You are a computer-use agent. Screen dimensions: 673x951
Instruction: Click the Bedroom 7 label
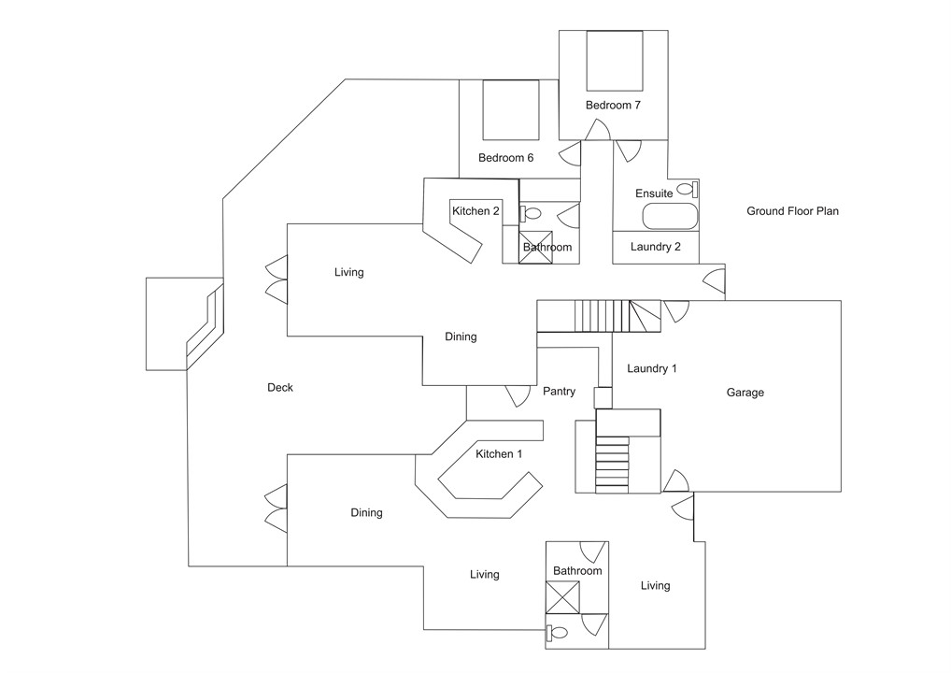(x=613, y=106)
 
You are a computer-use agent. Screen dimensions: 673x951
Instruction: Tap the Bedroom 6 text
(x=505, y=158)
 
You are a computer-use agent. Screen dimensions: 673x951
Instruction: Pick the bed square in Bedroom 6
(x=511, y=108)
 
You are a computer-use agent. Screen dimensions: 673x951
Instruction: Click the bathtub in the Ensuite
(x=670, y=217)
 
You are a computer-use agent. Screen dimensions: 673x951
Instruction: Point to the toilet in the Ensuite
(x=688, y=189)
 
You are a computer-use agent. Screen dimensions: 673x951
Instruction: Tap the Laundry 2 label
(x=656, y=248)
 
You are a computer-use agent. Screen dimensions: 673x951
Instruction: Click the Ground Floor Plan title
(x=792, y=211)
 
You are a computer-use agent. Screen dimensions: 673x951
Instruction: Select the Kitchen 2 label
(x=475, y=211)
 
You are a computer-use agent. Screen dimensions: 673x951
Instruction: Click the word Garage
(x=745, y=393)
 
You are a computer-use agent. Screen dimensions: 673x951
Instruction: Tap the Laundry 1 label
(x=652, y=369)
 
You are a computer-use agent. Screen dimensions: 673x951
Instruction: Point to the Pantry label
(x=559, y=392)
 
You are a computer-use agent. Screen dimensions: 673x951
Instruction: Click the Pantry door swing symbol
(x=517, y=396)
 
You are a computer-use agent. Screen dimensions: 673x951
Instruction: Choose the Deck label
(x=280, y=388)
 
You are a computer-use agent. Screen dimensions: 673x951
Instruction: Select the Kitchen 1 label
(x=499, y=454)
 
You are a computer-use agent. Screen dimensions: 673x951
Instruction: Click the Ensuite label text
(x=654, y=193)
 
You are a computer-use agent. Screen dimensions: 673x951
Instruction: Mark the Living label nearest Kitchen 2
(x=348, y=273)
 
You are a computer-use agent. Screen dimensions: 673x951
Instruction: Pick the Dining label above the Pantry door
(x=461, y=336)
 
